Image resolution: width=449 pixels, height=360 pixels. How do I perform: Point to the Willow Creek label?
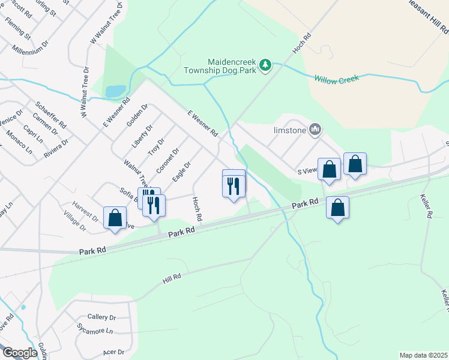336,79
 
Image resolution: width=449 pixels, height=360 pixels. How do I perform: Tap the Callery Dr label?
101,317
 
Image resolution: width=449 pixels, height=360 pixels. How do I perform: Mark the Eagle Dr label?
181,173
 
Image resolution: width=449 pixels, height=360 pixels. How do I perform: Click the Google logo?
20,353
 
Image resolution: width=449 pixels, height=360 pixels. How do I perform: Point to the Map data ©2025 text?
423,355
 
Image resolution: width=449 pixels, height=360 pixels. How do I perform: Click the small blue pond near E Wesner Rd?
115,91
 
